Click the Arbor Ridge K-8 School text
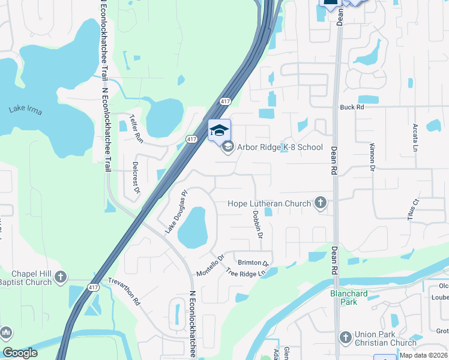click(280, 147)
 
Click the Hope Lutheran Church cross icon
click(321, 203)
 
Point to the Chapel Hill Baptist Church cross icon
click(60, 277)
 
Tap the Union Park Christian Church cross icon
click(344, 337)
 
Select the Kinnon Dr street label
click(372, 153)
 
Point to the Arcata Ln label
click(414, 138)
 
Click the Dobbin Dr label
click(257, 223)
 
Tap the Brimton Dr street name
click(253, 263)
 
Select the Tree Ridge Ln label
click(246, 272)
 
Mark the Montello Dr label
click(210, 265)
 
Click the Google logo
click(20, 353)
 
